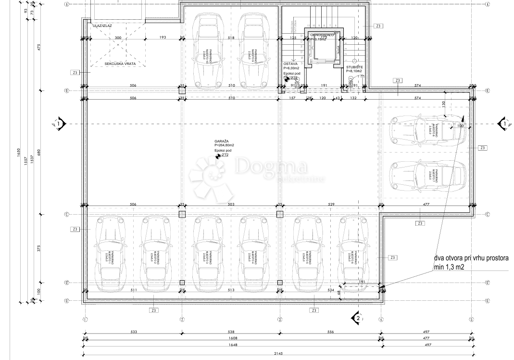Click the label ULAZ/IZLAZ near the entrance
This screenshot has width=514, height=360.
click(103, 26)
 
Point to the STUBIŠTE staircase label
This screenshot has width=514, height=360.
click(354, 66)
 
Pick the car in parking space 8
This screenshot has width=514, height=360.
click(428, 131)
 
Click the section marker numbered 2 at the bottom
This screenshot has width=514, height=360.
click(357, 318)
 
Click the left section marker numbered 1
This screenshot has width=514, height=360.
click(58, 124)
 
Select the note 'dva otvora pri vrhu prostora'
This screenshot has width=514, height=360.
click(471, 258)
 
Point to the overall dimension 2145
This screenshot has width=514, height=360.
click(279, 353)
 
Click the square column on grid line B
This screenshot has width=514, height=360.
click(182, 90)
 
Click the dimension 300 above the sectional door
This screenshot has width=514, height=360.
click(118, 38)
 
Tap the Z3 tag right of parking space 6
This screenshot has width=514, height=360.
click(393, 258)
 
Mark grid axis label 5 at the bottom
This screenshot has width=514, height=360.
click(472, 319)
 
